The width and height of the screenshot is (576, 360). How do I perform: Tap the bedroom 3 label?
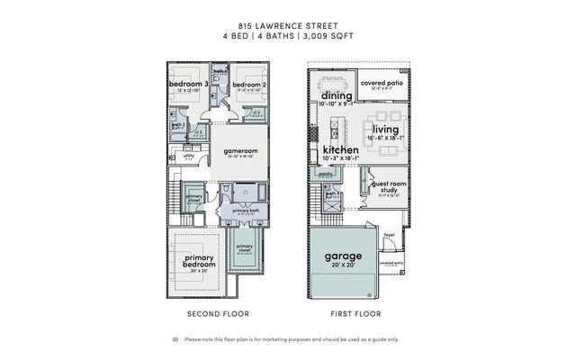point(186,85)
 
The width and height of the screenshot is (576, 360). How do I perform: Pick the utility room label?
point(189,156)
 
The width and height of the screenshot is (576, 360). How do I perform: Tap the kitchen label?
point(341,149)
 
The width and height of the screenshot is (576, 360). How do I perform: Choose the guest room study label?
point(388,187)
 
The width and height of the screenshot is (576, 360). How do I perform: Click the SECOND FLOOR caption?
point(217,314)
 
